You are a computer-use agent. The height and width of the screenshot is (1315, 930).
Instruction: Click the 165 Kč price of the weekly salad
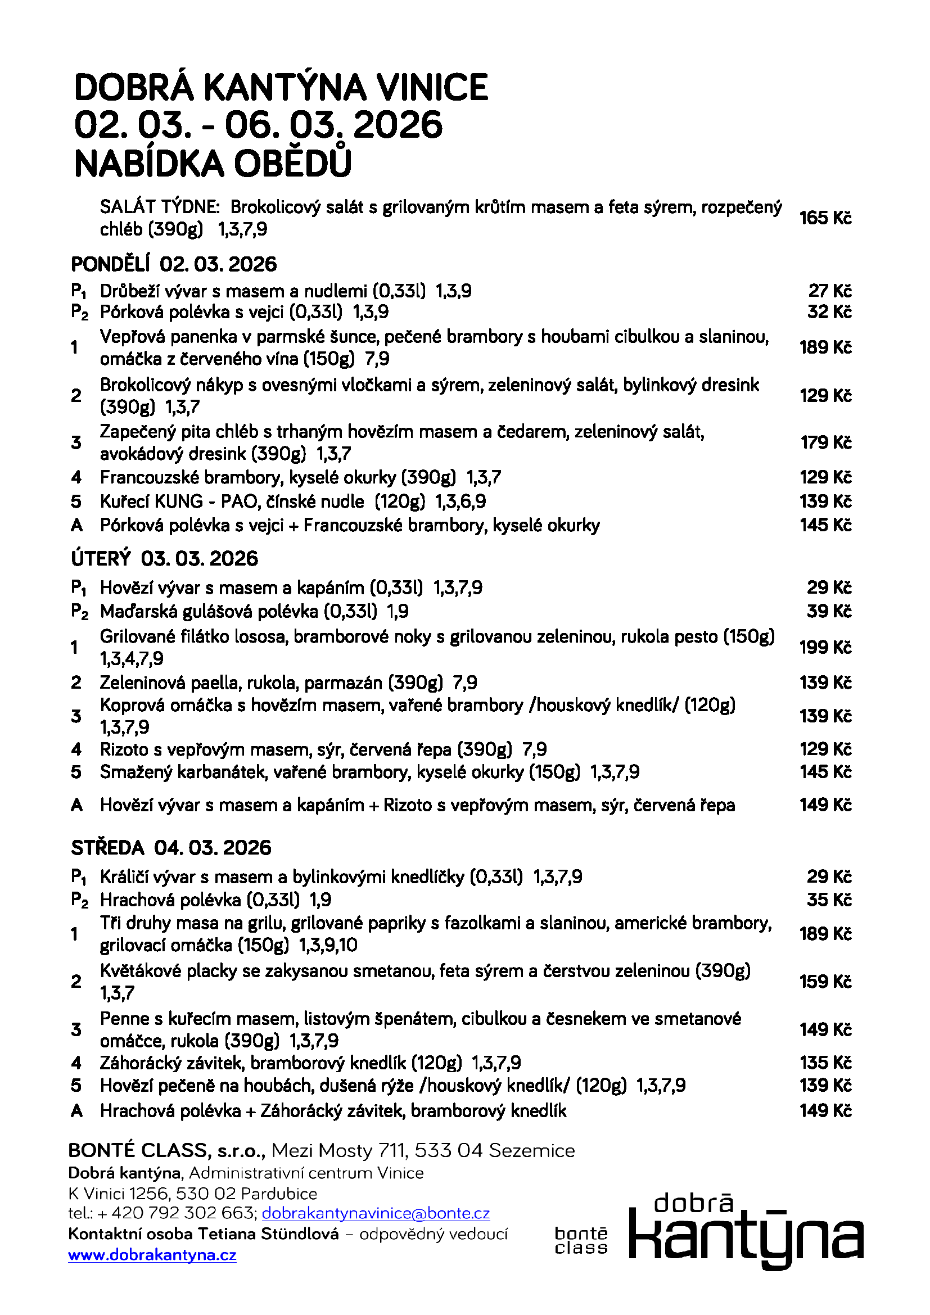825,218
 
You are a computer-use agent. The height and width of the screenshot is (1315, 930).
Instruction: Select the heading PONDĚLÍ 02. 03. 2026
174,265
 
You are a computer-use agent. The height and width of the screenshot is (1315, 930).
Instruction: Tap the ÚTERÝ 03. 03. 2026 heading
164,558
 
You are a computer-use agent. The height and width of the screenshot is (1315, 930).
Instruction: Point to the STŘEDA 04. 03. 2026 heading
171,848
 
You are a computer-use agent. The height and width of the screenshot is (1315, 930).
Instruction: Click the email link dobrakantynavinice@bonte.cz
376,1213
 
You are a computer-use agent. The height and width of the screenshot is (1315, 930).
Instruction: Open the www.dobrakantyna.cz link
152,1255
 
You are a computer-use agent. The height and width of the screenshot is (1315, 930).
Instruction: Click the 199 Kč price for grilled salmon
825,647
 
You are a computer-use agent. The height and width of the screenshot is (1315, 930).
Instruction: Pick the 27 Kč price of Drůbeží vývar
829,291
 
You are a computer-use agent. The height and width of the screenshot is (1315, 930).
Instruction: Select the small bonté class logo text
581,1241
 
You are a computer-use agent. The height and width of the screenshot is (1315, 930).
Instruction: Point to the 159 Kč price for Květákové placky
825,982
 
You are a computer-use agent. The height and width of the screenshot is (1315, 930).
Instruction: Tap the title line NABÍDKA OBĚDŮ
213,164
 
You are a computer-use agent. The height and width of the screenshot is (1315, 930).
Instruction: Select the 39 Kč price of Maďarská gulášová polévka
829,612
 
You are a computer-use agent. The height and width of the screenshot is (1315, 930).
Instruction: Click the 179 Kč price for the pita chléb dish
825,442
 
